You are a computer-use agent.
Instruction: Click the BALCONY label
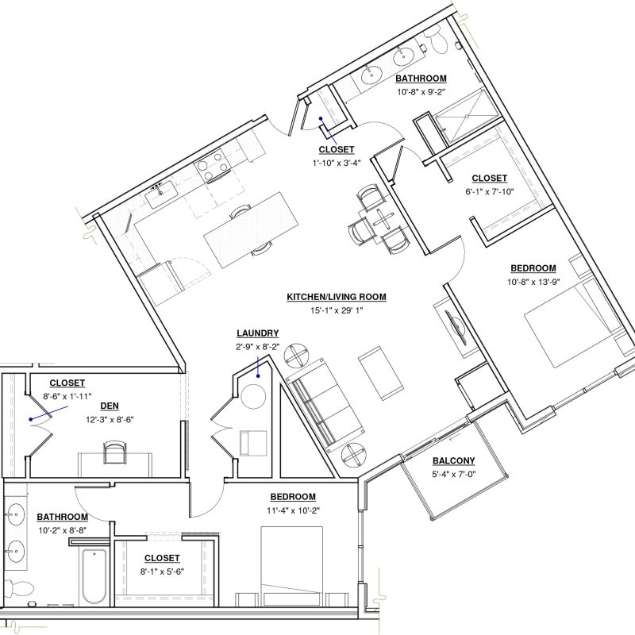[453, 460]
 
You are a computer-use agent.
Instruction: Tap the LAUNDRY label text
[257, 333]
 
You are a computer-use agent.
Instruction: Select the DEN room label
[110, 406]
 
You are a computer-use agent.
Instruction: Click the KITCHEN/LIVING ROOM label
[336, 297]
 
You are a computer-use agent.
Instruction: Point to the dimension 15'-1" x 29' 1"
[336, 310]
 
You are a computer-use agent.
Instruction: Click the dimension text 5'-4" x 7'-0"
[453, 474]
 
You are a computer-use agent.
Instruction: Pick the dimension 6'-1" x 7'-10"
[489, 191]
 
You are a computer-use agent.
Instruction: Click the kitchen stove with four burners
[213, 166]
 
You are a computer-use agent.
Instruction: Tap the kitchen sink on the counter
[161, 194]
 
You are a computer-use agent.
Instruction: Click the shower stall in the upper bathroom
[467, 117]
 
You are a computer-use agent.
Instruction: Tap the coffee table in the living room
[381, 373]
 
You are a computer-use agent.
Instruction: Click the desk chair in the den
[114, 452]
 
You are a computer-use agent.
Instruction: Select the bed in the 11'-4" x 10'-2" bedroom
[292, 566]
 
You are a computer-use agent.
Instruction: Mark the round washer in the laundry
[253, 396]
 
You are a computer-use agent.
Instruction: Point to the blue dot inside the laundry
[258, 375]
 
